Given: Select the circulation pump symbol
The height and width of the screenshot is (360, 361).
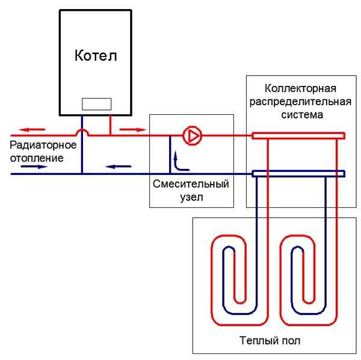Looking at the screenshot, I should [x=193, y=136].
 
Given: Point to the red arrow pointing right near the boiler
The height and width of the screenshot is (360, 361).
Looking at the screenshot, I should [x=130, y=129].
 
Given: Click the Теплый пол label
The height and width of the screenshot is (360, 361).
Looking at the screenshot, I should [x=273, y=341].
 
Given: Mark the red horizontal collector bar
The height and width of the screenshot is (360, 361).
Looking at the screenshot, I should [x=298, y=136].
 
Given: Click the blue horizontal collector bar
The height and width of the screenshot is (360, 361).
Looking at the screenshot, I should [x=298, y=174].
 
